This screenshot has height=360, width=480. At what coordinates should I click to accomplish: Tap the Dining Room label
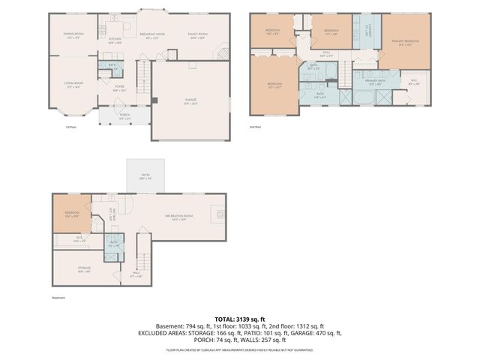coord(73,36)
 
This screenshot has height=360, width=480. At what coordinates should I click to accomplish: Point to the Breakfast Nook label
coord(152,36)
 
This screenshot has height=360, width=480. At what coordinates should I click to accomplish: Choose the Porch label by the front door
coord(124,116)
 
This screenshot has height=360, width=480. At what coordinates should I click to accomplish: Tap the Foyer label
coord(119,88)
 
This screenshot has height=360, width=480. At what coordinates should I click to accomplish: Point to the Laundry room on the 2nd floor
coord(367,32)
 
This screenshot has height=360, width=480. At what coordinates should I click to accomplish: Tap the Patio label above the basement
coord(145,177)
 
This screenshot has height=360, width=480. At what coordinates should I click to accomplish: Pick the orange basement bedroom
coord(72,214)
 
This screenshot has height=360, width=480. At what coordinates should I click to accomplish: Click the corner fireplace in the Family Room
coord(221,55)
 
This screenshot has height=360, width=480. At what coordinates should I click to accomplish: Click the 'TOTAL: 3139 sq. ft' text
coord(239,319)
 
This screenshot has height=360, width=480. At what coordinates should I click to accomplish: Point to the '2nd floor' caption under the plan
coord(255,127)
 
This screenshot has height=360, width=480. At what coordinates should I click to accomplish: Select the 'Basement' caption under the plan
coord(58,298)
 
